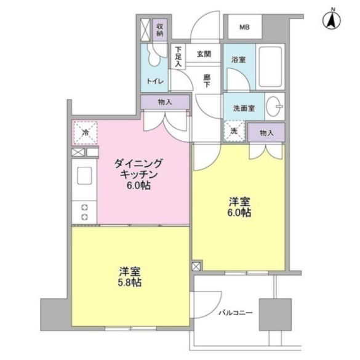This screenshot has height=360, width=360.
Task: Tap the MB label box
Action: pos(244,28)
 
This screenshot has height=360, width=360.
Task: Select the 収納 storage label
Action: pos(159,30)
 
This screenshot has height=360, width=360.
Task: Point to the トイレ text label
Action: pos(154,81)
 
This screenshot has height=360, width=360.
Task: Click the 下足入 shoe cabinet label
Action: pos(178,57)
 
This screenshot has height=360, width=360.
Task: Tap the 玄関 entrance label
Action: pos(204,54)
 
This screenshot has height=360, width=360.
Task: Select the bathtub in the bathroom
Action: pos(268,66)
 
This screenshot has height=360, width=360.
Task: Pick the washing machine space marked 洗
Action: pos(234,130)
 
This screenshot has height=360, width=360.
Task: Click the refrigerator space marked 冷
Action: pos(85,132)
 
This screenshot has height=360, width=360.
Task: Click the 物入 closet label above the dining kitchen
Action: pos(165,102)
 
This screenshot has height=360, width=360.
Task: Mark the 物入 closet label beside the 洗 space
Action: pos(266,132)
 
